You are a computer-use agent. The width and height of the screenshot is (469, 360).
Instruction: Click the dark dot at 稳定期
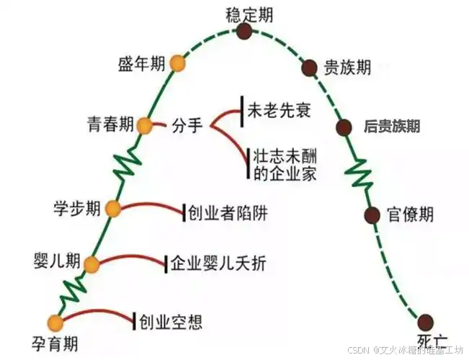coord(245,31)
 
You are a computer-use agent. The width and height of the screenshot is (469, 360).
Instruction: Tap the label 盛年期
coord(140,64)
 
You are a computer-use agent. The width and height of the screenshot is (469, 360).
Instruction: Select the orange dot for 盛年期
coord(177,64)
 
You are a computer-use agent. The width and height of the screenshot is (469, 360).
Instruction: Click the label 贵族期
coord(347,68)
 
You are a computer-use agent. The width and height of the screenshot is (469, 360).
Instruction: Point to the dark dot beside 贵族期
coord(309,68)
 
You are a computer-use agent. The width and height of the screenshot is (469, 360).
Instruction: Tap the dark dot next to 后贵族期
coord(344,127)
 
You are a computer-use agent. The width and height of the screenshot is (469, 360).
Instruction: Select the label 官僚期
coord(410,214)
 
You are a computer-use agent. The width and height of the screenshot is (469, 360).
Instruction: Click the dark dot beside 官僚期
coord(372,215)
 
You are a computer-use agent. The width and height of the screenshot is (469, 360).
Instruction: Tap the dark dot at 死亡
coord(425,321)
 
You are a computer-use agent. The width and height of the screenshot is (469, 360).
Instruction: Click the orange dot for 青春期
coord(145,126)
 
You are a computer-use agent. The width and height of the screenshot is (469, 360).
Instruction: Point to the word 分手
coord(187,127)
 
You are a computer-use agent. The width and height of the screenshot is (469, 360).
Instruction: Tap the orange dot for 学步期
coord(114,209)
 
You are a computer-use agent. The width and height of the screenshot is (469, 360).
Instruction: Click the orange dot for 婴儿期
coord(91,265)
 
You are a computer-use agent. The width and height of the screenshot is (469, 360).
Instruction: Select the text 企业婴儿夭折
coord(218,264)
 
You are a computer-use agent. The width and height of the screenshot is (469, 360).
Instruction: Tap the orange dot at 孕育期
coord(55,322)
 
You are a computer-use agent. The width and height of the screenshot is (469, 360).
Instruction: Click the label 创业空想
coord(170,320)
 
